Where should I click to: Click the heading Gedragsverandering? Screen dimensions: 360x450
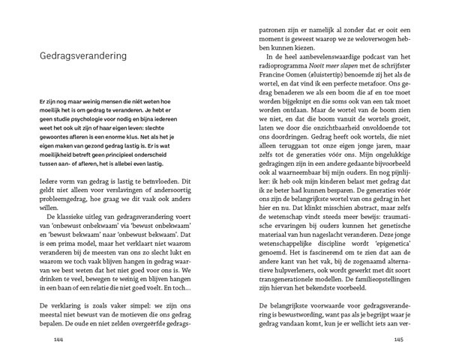(82, 55)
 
